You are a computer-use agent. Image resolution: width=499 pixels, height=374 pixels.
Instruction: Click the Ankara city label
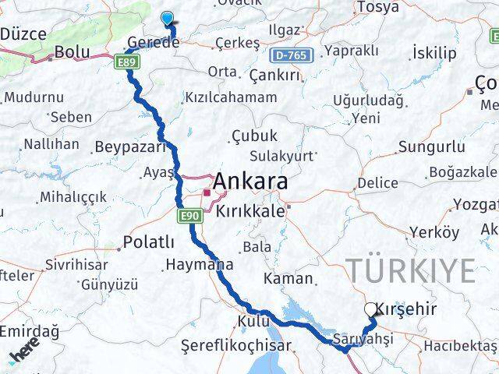[x=249, y=182]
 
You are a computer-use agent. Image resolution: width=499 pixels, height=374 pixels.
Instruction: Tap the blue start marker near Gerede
[x=168, y=19]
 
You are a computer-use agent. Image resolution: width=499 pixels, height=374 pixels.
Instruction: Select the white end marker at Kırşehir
[x=370, y=309]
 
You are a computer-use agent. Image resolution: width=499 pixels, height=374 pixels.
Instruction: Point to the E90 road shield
[x=188, y=215]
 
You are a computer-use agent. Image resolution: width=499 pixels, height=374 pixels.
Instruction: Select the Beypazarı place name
[x=130, y=146]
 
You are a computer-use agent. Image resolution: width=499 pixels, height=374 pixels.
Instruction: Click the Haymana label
[x=199, y=265]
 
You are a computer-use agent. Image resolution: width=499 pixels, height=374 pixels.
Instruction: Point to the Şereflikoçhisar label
[x=235, y=345]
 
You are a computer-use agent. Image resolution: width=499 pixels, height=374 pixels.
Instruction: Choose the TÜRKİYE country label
[x=410, y=270]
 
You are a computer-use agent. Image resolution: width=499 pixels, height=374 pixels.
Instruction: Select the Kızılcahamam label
[x=230, y=97]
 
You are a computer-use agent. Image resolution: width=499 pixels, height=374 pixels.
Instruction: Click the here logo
[x=23, y=355]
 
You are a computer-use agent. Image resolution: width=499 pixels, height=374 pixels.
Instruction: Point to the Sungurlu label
[x=431, y=146]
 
